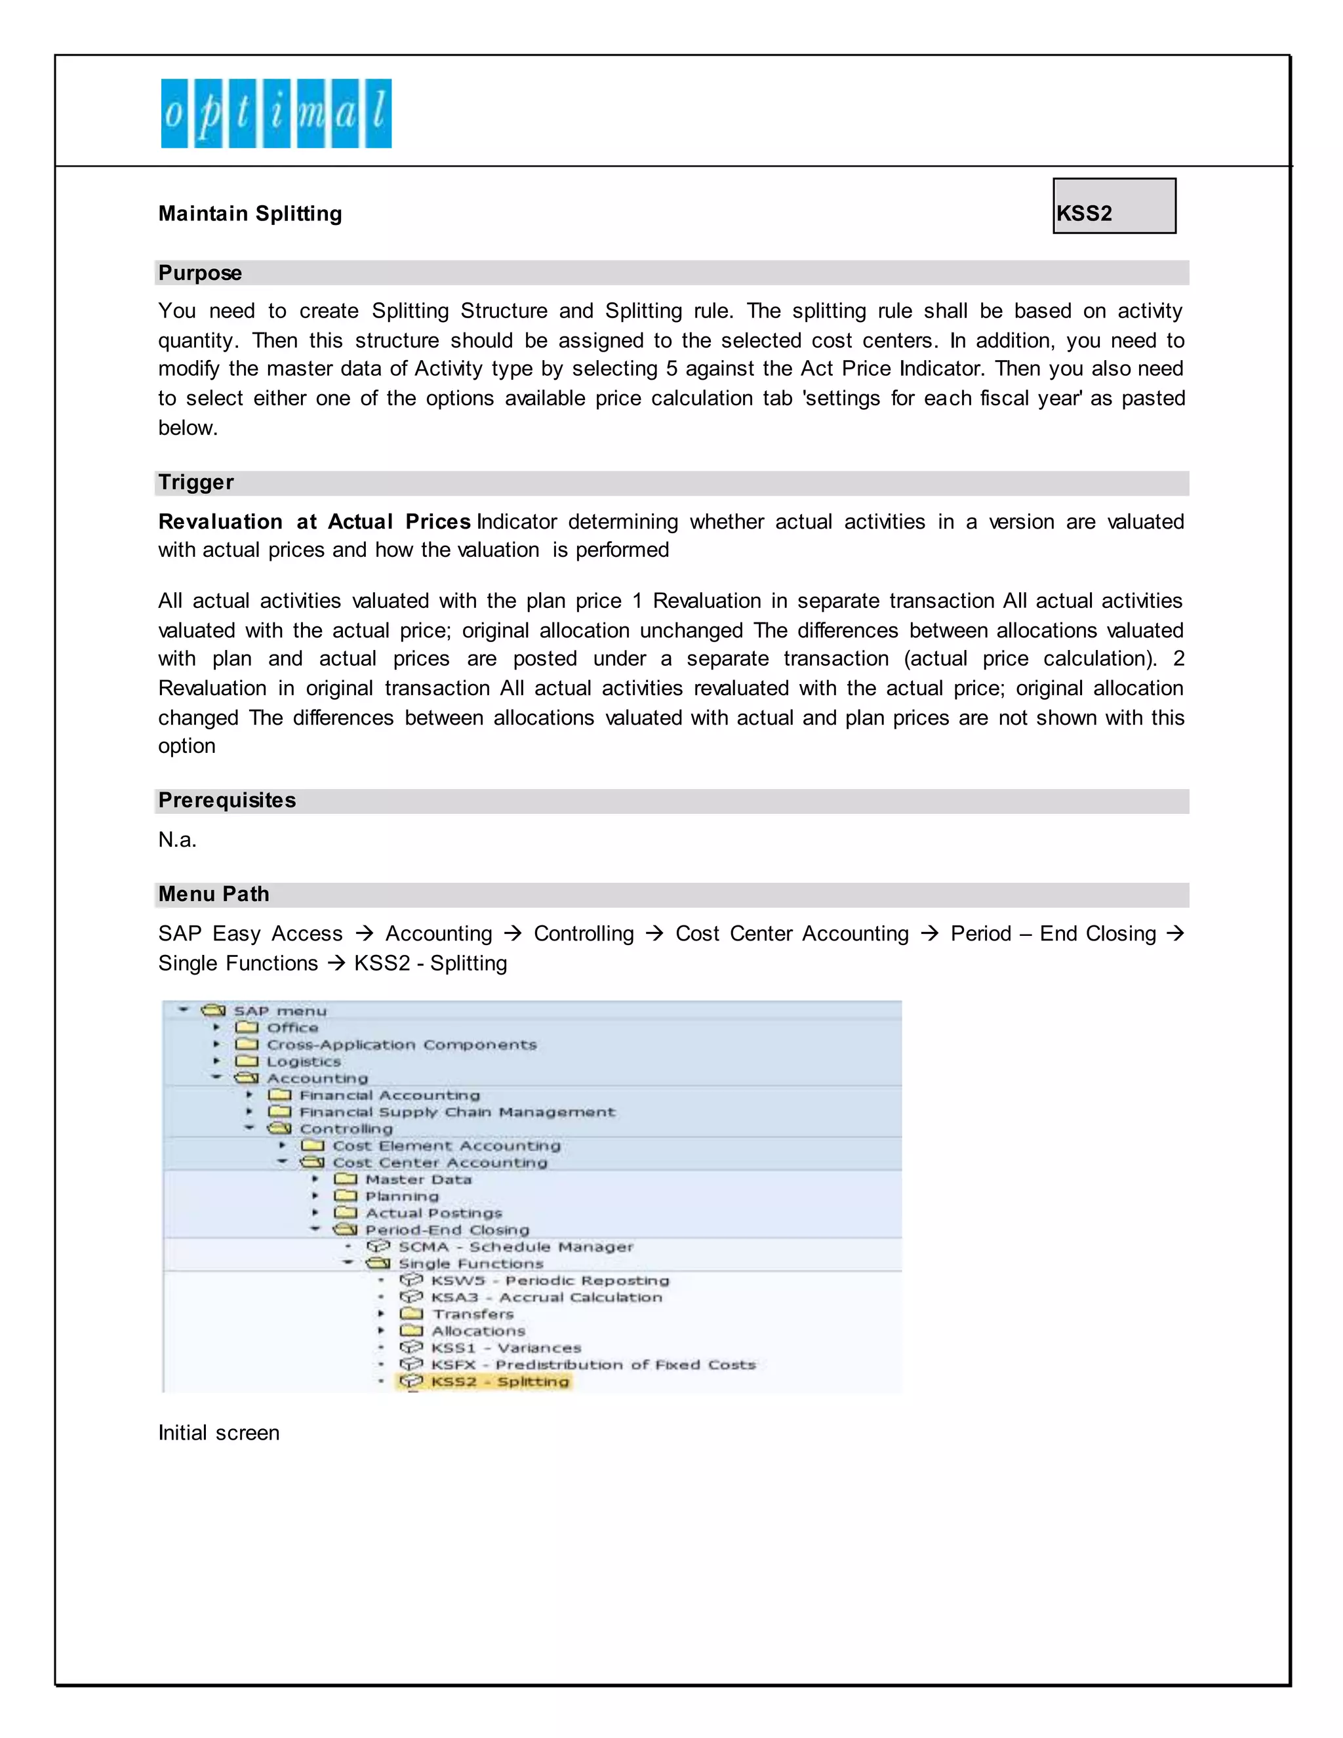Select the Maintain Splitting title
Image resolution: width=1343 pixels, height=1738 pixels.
point(250,213)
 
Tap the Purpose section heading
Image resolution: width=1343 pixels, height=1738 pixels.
point(200,273)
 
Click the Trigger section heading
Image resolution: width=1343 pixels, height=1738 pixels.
point(195,482)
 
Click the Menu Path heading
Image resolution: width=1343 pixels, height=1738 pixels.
point(213,895)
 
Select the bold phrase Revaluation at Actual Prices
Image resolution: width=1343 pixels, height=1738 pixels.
point(314,522)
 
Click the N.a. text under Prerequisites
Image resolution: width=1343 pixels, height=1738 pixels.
point(176,839)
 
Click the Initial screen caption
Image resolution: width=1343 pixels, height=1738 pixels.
point(219,1433)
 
